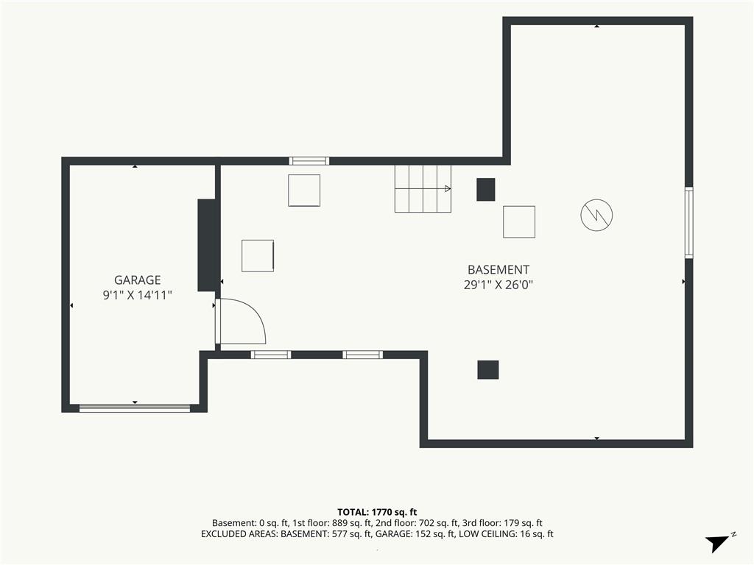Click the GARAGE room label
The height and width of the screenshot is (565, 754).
coord(137,280)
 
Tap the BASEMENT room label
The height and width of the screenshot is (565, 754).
coord(498,269)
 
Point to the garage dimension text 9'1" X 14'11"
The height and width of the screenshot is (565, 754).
coord(137,295)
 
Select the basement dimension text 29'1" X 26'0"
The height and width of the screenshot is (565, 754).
coord(498,285)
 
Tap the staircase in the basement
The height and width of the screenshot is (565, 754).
coord(423,189)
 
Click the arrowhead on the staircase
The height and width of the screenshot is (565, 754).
coord(448,189)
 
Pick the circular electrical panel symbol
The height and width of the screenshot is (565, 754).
coord(596,215)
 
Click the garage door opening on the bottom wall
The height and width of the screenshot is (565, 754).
coord(135,408)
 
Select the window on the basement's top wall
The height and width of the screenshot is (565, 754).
coord(309,161)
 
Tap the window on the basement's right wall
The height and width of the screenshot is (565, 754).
coord(688,222)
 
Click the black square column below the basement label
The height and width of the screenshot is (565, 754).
coord(487,370)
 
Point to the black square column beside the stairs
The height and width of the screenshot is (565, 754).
coord(486,189)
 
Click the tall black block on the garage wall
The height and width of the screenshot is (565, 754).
coord(206,245)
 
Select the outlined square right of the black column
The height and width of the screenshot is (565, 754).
coord(519,221)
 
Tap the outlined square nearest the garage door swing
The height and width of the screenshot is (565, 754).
coord(258,255)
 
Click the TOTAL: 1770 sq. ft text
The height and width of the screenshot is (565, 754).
coord(377,512)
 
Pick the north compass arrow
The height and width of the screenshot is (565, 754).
coord(717,543)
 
